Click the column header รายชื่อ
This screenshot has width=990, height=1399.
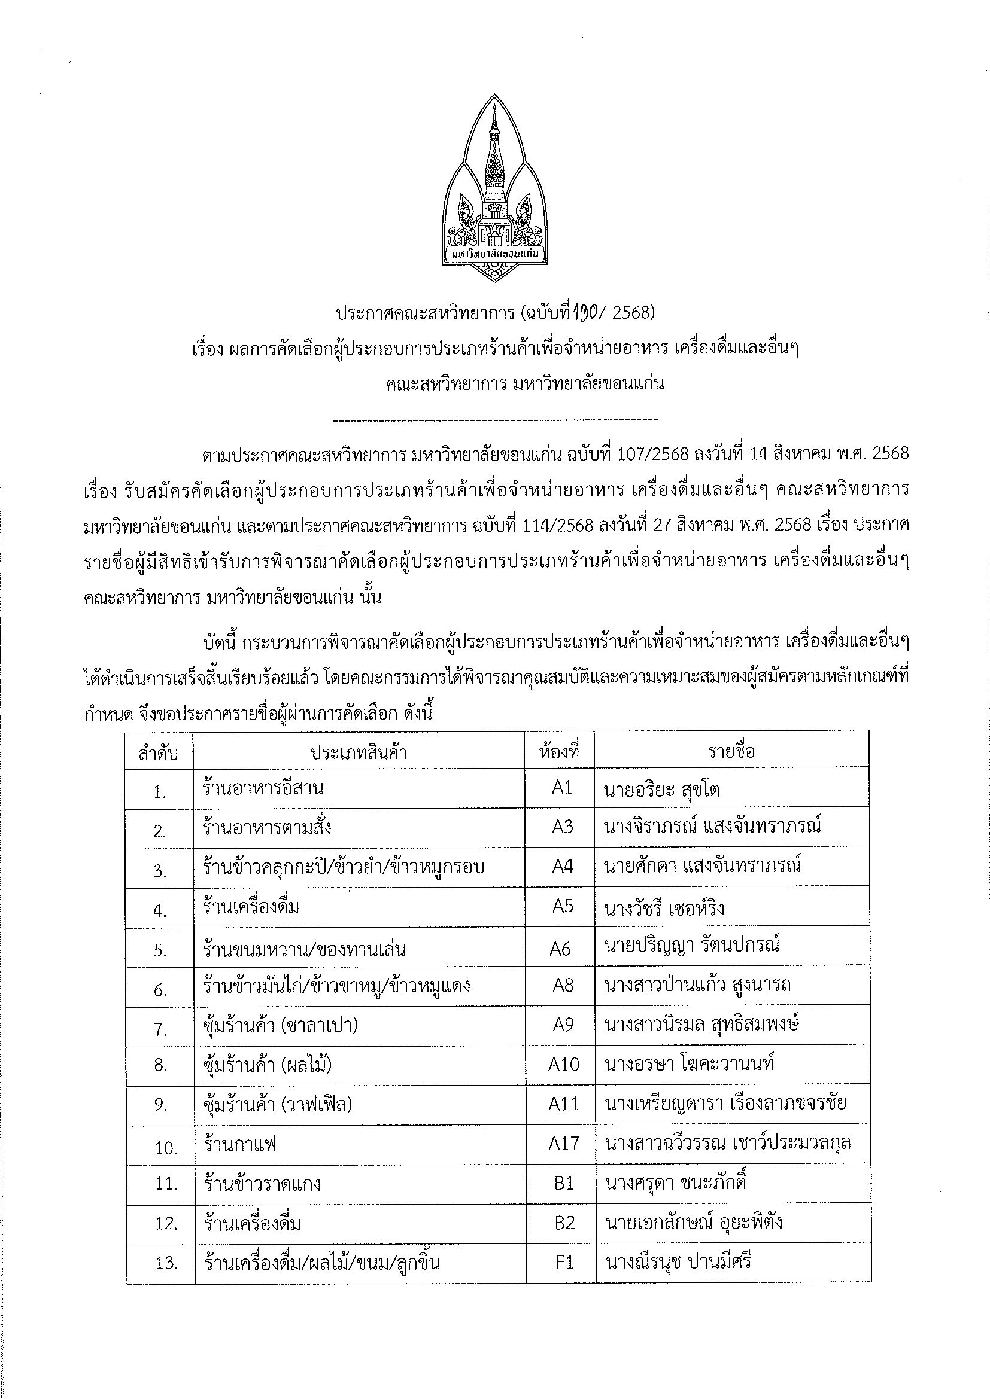tap(731, 751)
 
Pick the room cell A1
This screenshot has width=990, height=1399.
tap(561, 788)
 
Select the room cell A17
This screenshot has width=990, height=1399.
tap(563, 1143)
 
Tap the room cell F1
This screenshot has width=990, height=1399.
tap(564, 1261)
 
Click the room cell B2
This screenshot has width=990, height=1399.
tap(564, 1223)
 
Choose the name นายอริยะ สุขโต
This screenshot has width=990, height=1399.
tap(662, 790)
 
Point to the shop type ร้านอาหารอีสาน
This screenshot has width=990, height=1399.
tap(263, 788)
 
